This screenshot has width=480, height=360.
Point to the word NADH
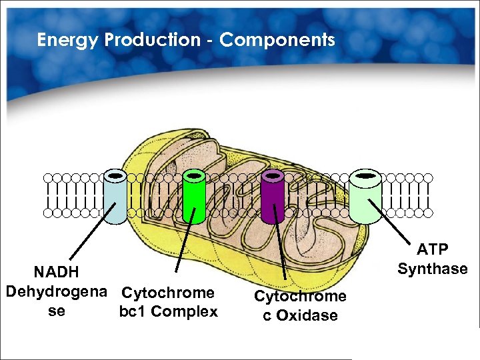point(57,272)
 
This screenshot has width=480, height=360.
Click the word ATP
point(433,249)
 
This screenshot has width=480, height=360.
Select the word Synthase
point(433,269)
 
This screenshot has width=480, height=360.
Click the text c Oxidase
point(300,315)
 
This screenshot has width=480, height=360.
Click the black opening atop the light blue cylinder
point(116,175)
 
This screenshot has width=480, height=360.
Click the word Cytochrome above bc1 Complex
point(169,293)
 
